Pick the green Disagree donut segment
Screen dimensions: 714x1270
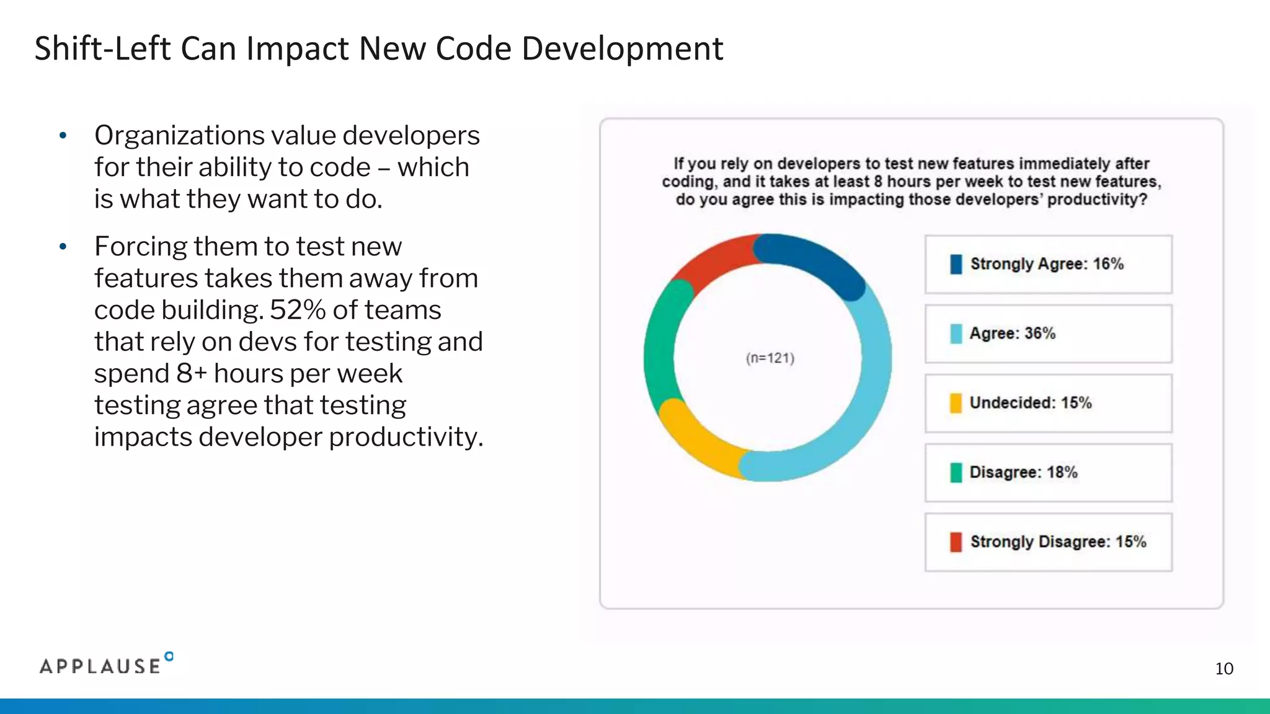[x=659, y=347]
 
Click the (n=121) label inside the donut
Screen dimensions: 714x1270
[x=770, y=358]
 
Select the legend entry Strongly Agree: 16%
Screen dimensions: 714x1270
[x=1047, y=264]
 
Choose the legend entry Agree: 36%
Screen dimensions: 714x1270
[x=1012, y=333]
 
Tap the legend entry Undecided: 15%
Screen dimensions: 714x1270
[x=1030, y=403]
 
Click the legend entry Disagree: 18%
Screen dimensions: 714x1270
[x=1023, y=472]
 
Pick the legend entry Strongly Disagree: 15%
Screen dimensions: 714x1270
[x=1058, y=542]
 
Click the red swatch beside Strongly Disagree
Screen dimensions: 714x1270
[x=956, y=542]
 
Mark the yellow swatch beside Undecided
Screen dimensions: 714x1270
[x=956, y=403]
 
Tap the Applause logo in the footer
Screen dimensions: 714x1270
[x=105, y=665]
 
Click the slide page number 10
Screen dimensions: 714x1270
[x=1223, y=669]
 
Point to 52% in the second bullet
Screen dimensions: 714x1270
[x=297, y=310]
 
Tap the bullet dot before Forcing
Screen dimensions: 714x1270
[x=63, y=247]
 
